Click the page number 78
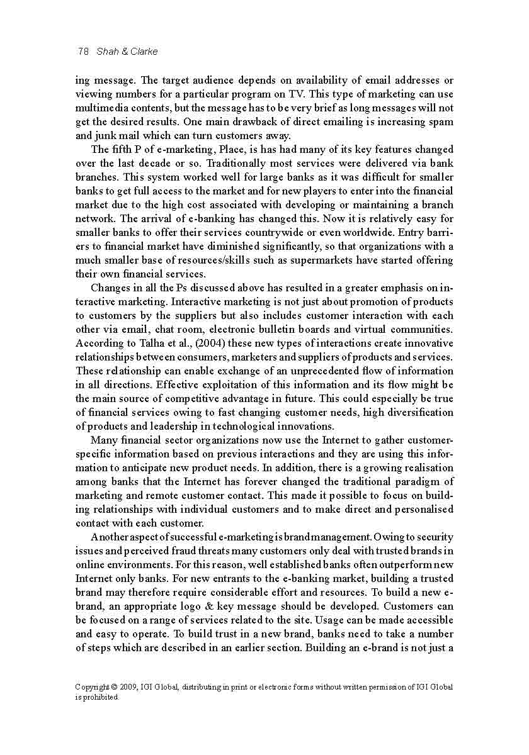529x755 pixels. pos(82,52)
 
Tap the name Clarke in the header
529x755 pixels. pos(144,52)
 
